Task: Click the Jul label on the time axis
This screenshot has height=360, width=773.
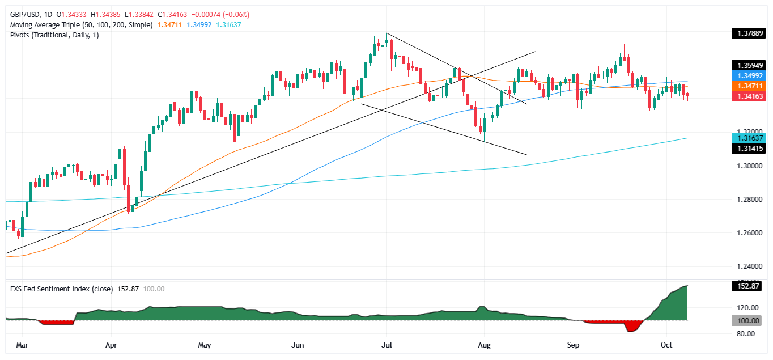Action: tap(387, 344)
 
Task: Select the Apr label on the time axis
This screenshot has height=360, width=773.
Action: tap(111, 344)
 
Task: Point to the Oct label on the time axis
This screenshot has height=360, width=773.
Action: tap(666, 344)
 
